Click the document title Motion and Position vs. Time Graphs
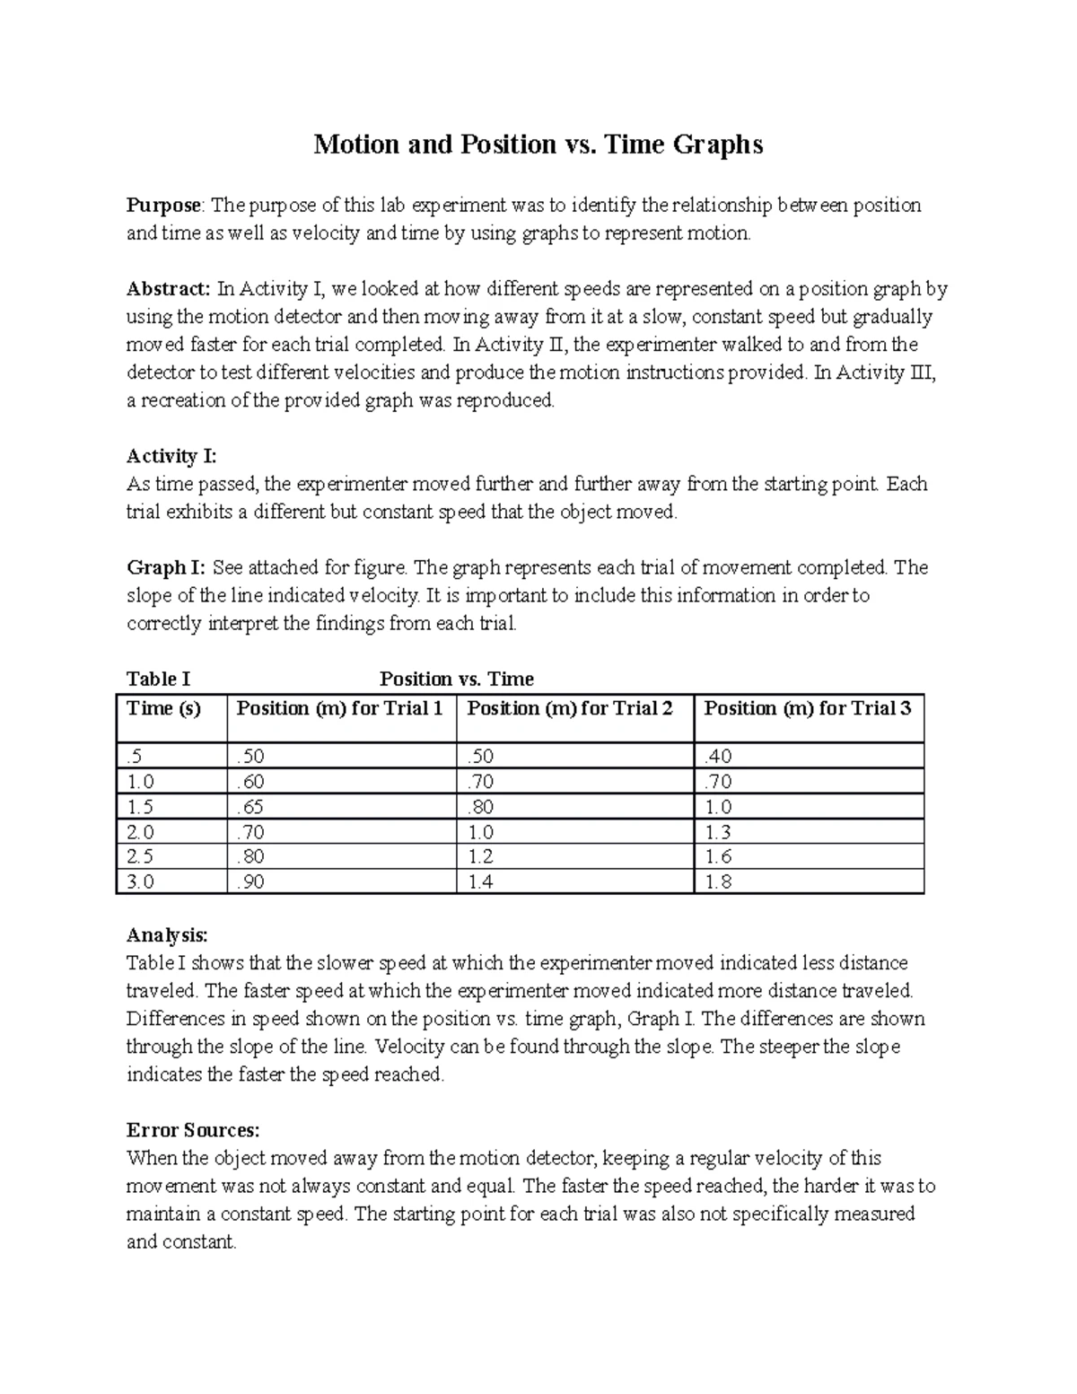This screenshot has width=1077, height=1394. [538, 145]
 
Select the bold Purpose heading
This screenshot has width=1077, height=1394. [164, 206]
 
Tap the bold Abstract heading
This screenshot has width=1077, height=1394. [168, 289]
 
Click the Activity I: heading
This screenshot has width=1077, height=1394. [171, 456]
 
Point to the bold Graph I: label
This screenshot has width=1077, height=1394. [166, 567]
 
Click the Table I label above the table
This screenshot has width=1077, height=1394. [158, 679]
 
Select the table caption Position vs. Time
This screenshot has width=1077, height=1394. [456, 679]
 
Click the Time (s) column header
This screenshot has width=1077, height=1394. [163, 708]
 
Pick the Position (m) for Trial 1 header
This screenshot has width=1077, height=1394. [339, 708]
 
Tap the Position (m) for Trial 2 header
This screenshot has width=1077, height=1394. [570, 708]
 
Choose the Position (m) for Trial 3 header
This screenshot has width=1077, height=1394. [807, 708]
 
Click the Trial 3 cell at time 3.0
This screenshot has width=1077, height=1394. [719, 881]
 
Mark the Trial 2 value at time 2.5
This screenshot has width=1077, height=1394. [481, 856]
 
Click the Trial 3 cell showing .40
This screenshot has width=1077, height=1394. [718, 757]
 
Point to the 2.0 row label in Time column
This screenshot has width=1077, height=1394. [141, 832]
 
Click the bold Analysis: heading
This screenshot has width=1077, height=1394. [167, 935]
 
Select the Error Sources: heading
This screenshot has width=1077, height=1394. [193, 1130]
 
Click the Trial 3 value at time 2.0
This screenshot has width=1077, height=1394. [719, 832]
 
